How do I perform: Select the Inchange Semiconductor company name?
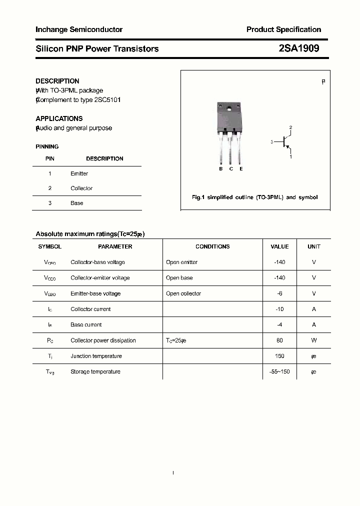point(79,30)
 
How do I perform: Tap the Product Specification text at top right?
point(283,30)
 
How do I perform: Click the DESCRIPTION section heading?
point(57,81)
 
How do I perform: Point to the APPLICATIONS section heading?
point(59,119)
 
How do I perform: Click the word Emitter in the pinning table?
point(79,173)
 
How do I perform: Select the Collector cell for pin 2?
point(81,188)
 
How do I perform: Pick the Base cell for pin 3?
point(77,203)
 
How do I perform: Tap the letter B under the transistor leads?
point(220,169)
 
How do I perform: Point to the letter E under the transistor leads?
point(241,169)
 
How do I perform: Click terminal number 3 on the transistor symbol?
point(272,142)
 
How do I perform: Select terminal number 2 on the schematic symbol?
point(290,128)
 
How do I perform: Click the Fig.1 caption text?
point(254,197)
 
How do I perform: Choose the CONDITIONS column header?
point(212,246)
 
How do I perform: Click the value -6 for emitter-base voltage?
point(279,293)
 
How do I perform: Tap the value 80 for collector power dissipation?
point(279,340)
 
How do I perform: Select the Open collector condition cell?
point(183,293)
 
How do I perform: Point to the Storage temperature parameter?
point(95,371)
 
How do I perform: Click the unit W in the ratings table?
point(314,340)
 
